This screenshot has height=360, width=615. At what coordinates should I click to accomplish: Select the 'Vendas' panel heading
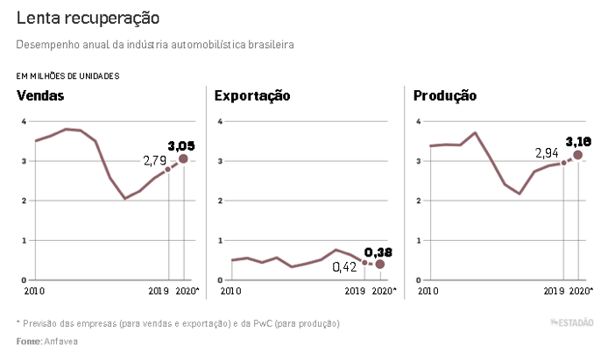(40, 95)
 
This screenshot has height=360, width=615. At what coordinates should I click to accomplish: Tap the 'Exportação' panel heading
(252, 95)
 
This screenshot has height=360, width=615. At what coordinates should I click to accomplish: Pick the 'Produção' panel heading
(445, 95)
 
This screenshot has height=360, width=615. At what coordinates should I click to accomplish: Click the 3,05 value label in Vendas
(181, 145)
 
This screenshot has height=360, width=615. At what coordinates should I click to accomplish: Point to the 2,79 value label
(154, 160)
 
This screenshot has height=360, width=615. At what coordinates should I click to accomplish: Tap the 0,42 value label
(345, 266)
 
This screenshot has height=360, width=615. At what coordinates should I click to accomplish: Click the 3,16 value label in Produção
(579, 141)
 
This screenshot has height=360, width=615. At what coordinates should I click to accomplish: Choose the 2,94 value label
(548, 153)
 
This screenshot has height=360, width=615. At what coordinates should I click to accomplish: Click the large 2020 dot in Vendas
(183, 159)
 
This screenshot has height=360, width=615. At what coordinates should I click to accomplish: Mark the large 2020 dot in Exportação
(380, 264)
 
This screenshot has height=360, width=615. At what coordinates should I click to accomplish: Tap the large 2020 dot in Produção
(577, 155)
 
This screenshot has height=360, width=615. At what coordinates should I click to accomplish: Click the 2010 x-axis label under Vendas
(34, 290)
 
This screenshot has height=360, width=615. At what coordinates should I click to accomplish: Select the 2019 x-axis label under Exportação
(355, 290)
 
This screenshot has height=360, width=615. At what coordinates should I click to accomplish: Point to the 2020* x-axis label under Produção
(581, 290)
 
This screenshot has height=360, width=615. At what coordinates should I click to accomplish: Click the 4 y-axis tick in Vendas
(24, 121)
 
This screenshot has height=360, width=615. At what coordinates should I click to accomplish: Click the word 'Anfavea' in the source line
(60, 341)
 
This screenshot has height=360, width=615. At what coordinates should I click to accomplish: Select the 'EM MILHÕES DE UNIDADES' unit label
(68, 75)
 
